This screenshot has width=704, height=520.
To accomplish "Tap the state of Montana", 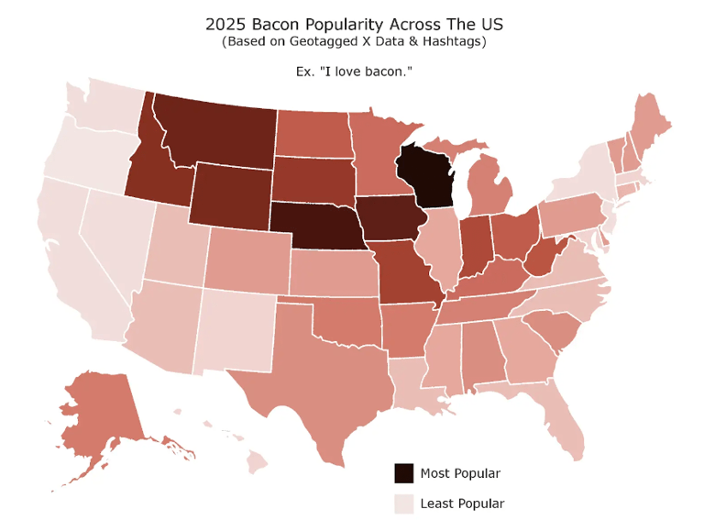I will (x=215, y=128).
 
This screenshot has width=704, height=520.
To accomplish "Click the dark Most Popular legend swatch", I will (x=402, y=473).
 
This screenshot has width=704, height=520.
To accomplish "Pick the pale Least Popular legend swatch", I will (x=402, y=503).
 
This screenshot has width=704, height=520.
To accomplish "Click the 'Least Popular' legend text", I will (x=462, y=503).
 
